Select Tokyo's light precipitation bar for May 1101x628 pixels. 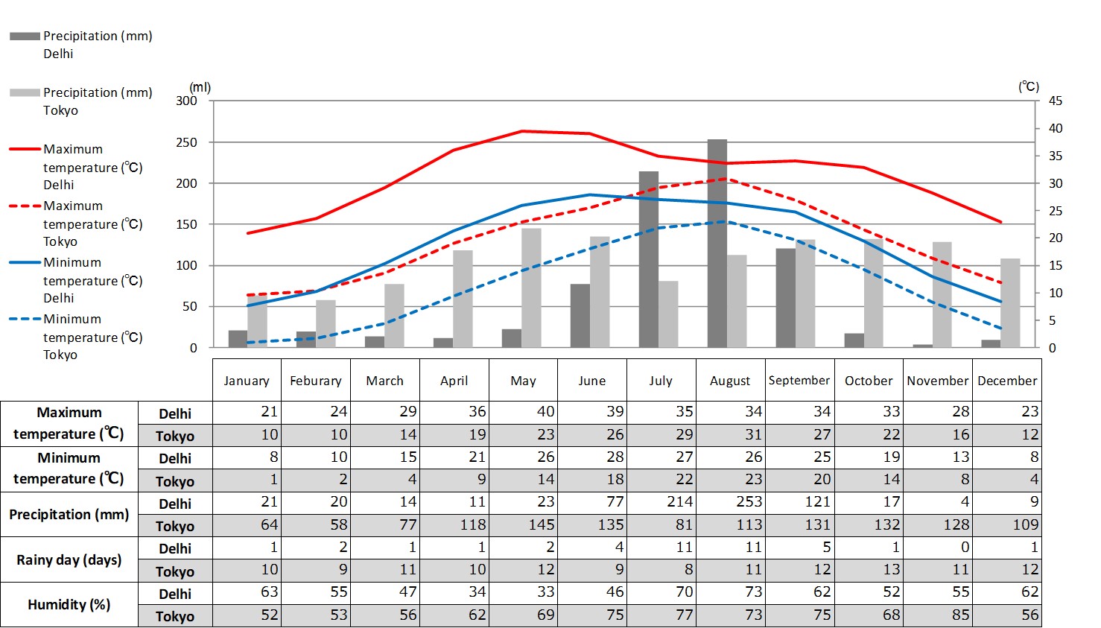pos(531,288)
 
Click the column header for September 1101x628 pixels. pos(799,381)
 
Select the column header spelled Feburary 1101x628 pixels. pos(316,381)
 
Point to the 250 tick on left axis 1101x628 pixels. pos(187,142)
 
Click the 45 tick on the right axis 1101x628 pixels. pos(1056,101)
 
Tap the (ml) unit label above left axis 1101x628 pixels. pos(200,88)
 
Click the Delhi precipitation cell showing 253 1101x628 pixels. pos(730,502)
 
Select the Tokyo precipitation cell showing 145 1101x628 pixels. pos(523,525)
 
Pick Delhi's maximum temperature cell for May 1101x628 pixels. pos(523,412)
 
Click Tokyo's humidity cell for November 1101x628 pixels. pos(938,615)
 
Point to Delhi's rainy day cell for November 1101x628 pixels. pos(938,548)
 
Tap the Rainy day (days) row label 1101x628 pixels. pos(69,559)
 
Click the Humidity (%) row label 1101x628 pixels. pos(69,604)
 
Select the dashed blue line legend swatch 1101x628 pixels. pos(25,319)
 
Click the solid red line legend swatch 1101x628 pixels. pos(25,149)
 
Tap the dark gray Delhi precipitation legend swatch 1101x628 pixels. pos(25,36)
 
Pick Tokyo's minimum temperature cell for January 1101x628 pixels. pos(247,480)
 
